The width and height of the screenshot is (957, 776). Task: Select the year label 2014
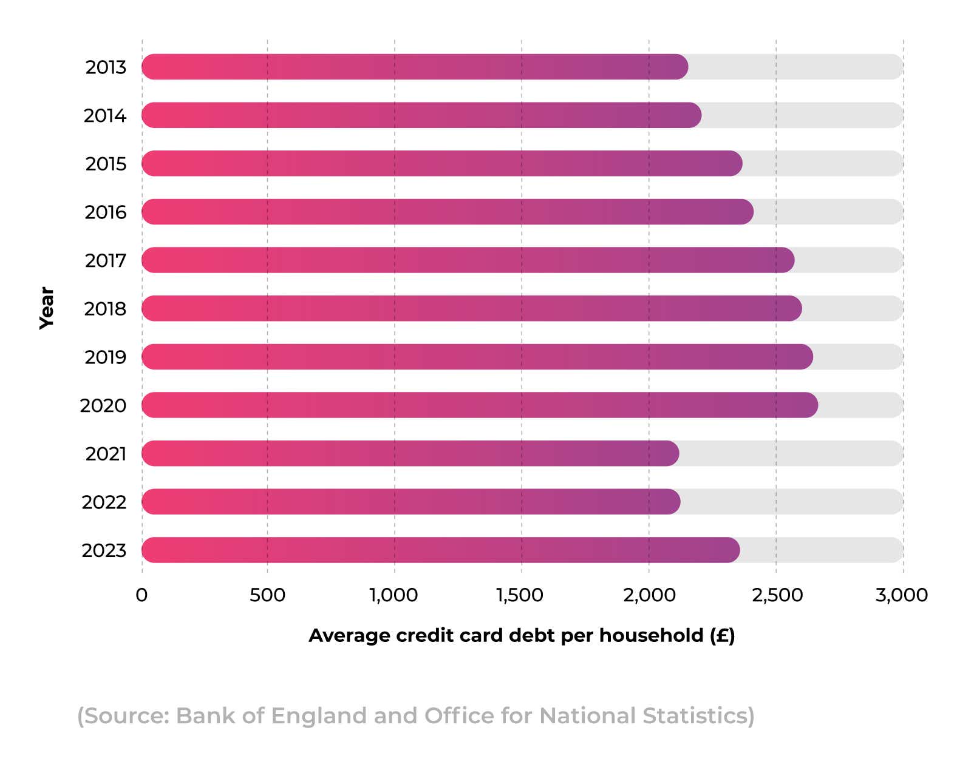[104, 115]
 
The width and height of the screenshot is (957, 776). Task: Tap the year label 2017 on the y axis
[105, 260]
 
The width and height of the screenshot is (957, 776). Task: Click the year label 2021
[106, 454]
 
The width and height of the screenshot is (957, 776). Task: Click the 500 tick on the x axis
[267, 595]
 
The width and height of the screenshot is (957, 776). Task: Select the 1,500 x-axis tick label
[520, 595]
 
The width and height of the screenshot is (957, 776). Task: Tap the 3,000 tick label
[901, 595]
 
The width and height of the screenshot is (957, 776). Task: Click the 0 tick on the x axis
[141, 595]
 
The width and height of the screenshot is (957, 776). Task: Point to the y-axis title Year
[47, 308]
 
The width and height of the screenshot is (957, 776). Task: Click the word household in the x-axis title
[651, 635]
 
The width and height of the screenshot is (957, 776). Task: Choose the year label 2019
[105, 357]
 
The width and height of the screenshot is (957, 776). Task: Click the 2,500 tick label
[777, 595]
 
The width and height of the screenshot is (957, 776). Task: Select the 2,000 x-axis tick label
[649, 595]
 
